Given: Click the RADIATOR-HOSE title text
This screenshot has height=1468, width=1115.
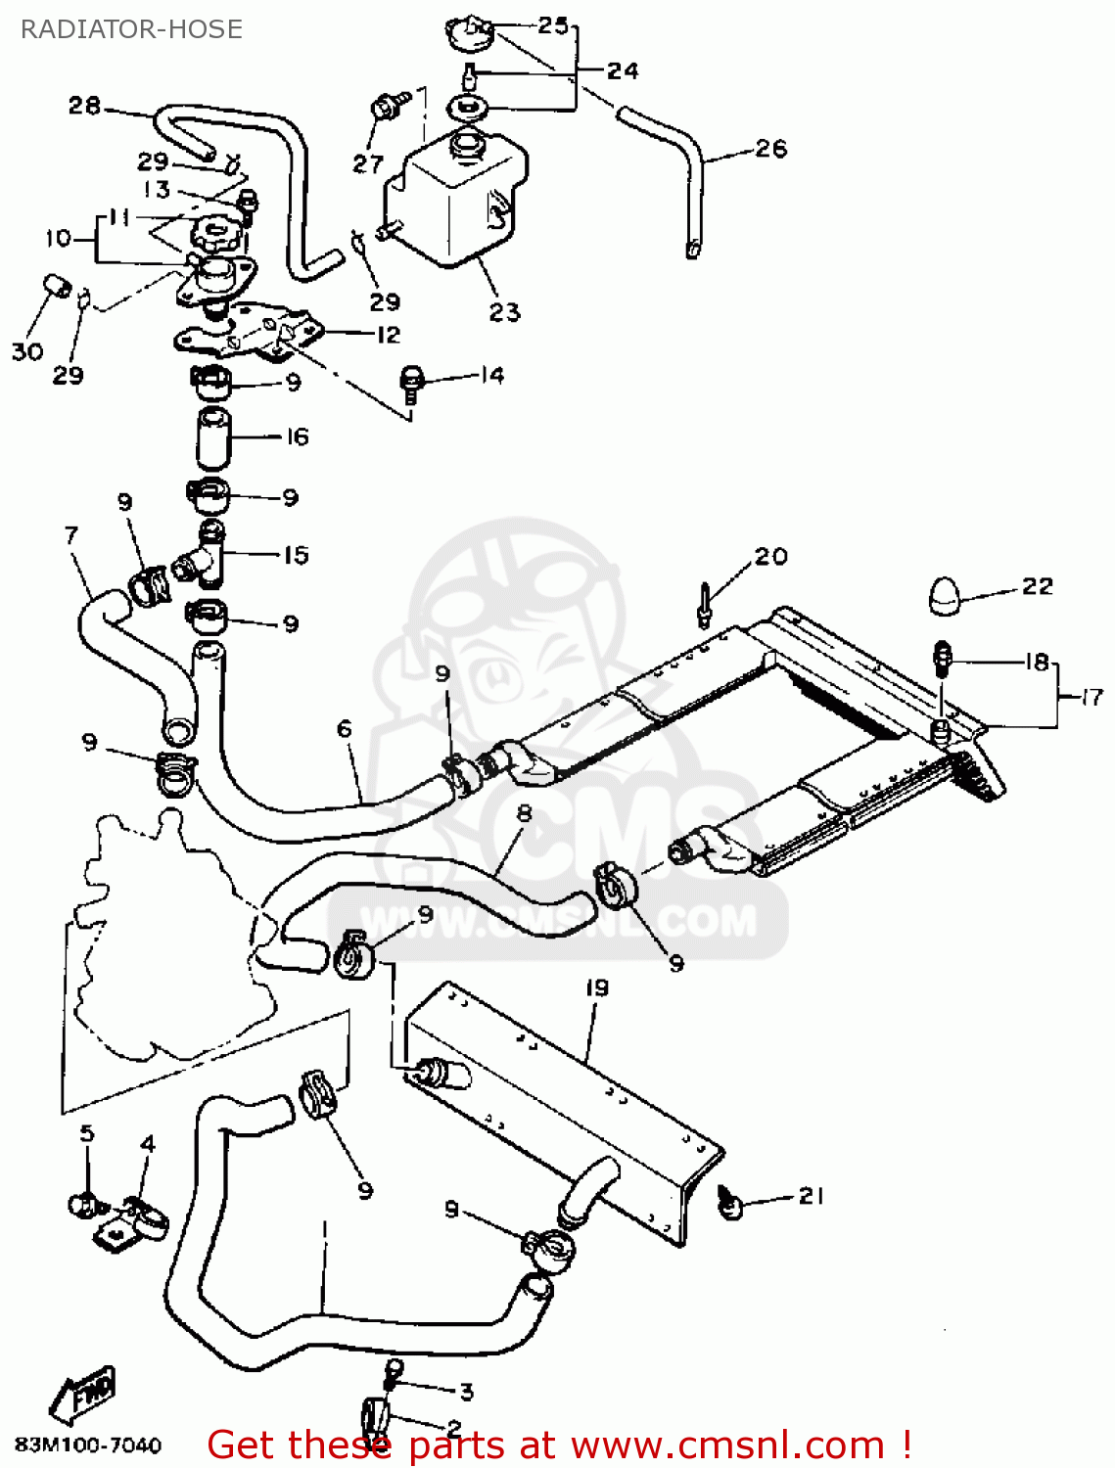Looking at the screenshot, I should tap(131, 29).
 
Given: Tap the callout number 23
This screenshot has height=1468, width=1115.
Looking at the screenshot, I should tap(504, 312).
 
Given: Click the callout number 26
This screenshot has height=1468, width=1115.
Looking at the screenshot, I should tap(770, 149).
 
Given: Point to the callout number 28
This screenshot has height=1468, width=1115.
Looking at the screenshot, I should tap(84, 105).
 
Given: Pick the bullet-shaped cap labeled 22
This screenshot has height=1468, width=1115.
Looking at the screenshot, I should tap(947, 596).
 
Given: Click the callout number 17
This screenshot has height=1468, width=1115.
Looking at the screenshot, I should tap(1092, 697).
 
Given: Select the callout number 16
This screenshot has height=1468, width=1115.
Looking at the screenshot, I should tap(298, 436).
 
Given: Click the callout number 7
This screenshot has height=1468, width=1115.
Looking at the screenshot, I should tap(70, 535).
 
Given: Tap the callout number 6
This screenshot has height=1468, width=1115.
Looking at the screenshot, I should tap(344, 728).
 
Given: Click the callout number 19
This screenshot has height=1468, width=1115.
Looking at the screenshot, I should tap(596, 987).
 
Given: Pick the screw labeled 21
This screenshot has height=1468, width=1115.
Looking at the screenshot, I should tap(730, 1202).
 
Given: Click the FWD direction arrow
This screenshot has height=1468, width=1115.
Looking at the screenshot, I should tap(84, 1393).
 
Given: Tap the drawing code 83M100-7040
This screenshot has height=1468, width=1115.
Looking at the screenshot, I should tap(87, 1445).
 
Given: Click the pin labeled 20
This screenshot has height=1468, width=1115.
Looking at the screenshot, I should tap(704, 604).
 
